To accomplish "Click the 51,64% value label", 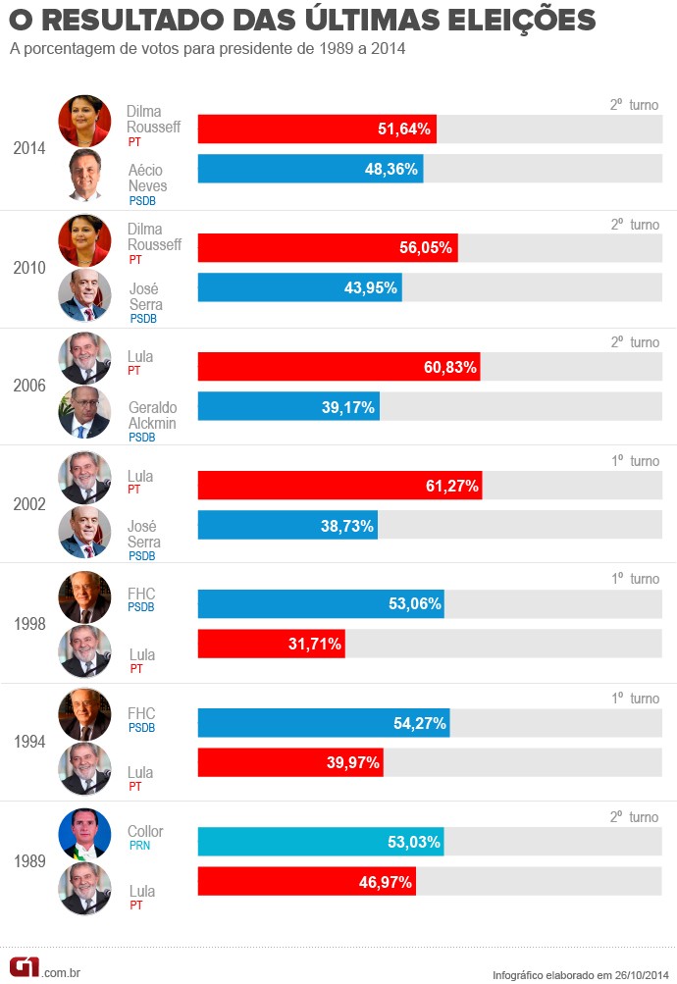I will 405,129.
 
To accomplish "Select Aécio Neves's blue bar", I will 310,169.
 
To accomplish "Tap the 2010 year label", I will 29,267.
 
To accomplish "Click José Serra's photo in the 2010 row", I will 84,295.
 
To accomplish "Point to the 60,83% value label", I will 448,367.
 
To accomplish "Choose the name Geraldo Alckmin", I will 152,415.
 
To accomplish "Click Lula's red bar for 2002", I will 339,486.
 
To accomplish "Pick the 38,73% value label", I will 346,526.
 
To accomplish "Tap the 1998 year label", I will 29,624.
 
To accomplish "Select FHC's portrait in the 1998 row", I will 84,596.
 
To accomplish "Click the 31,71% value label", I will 314,645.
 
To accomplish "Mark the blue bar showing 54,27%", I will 324,723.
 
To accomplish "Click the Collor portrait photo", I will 84,834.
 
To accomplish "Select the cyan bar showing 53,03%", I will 321,842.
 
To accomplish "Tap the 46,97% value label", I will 386,882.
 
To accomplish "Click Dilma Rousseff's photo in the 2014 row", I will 84,121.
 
